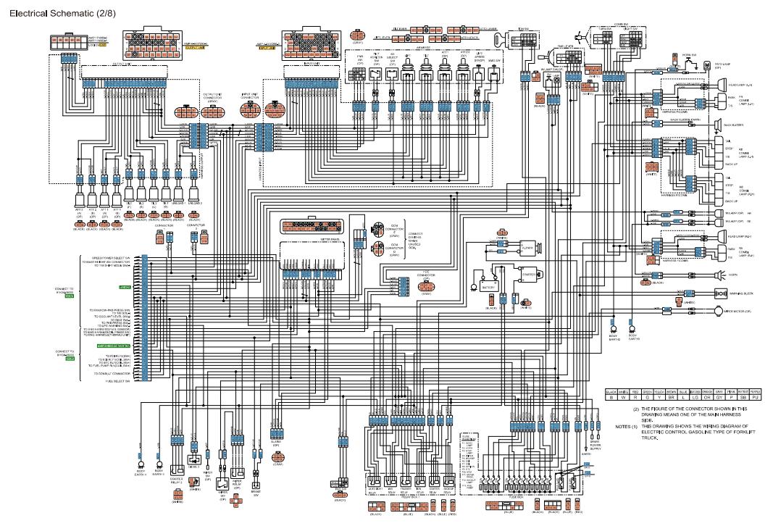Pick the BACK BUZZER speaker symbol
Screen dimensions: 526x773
click(x=719, y=125)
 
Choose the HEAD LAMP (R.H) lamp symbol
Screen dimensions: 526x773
click(x=722, y=236)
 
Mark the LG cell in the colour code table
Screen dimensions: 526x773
click(x=695, y=396)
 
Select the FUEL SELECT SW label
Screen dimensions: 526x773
click(x=118, y=380)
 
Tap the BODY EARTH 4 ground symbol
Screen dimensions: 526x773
click(x=141, y=464)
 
